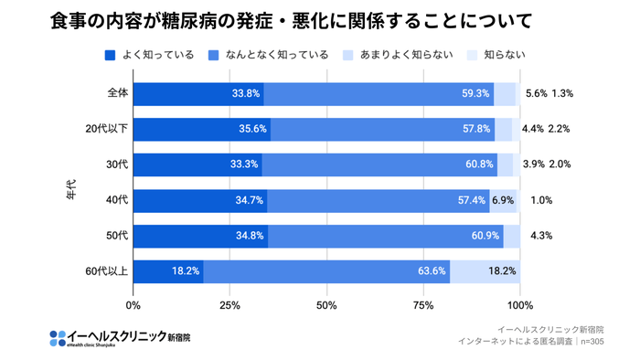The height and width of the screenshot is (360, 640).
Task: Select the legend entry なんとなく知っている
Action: click(x=268, y=55)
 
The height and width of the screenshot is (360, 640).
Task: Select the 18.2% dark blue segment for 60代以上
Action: click(x=168, y=271)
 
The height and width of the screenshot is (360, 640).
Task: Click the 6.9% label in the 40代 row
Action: click(x=503, y=200)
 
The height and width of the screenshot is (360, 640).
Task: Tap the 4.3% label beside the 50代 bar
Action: click(x=541, y=236)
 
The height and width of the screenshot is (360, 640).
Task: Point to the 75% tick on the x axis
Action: click(x=423, y=305)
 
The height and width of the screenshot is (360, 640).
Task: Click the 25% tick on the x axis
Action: click(x=230, y=305)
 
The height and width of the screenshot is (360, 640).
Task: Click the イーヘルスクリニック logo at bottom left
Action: click(x=120, y=336)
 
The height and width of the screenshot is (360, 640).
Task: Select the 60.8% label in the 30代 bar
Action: click(x=479, y=164)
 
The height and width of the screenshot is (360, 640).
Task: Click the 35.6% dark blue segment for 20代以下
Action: click(x=202, y=129)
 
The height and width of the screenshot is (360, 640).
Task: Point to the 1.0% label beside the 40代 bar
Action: click(x=541, y=200)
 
